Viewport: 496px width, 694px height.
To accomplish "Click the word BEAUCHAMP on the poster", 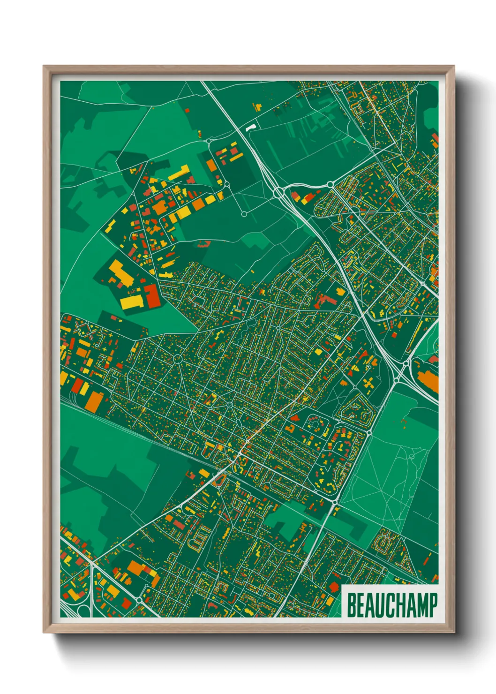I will [392, 605].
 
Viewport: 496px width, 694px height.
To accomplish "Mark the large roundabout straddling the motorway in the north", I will [278, 192].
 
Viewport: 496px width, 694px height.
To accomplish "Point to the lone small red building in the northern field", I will [188, 111].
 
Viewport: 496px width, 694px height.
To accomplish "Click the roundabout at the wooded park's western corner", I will [335, 502].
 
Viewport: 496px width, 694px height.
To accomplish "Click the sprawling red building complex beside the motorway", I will [326, 300].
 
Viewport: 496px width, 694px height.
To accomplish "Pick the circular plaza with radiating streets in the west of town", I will [178, 359].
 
